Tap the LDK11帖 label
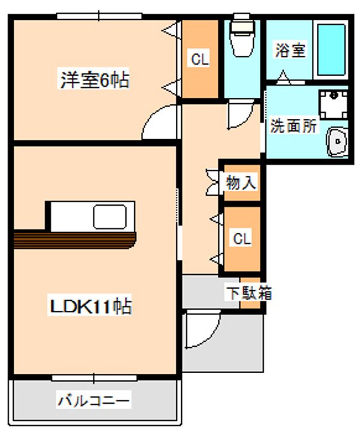[91, 305]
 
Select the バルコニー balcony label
[93, 399]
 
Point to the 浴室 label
[290, 50]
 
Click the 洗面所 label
[293, 126]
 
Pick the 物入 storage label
[241, 182]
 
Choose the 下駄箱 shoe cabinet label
[249, 293]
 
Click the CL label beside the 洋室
[200, 59]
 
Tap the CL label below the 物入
[242, 239]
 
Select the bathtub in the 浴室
[331, 50]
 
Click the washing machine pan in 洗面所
[333, 104]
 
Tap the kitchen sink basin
[110, 217]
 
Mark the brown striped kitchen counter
[75, 240]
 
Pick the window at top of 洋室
[99, 16]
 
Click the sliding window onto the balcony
[94, 378]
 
